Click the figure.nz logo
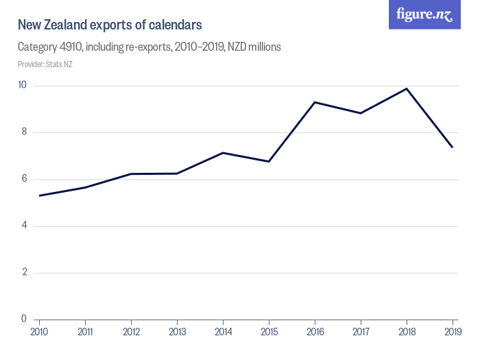click(424, 14)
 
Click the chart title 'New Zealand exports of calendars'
click(110, 25)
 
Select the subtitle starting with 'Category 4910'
click(149, 47)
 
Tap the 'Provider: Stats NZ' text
click(45, 64)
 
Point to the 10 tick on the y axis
click(22, 86)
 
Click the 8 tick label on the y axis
click(24, 132)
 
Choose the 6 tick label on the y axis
click(24, 179)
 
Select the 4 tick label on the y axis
click(24, 226)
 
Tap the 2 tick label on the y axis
click(24, 272)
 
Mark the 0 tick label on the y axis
click(24, 319)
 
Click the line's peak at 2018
click(407, 88)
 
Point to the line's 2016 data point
click(315, 102)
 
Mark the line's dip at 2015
click(269, 161)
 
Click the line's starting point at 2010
click(39, 195)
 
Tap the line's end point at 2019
click(453, 147)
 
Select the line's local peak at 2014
click(223, 153)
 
